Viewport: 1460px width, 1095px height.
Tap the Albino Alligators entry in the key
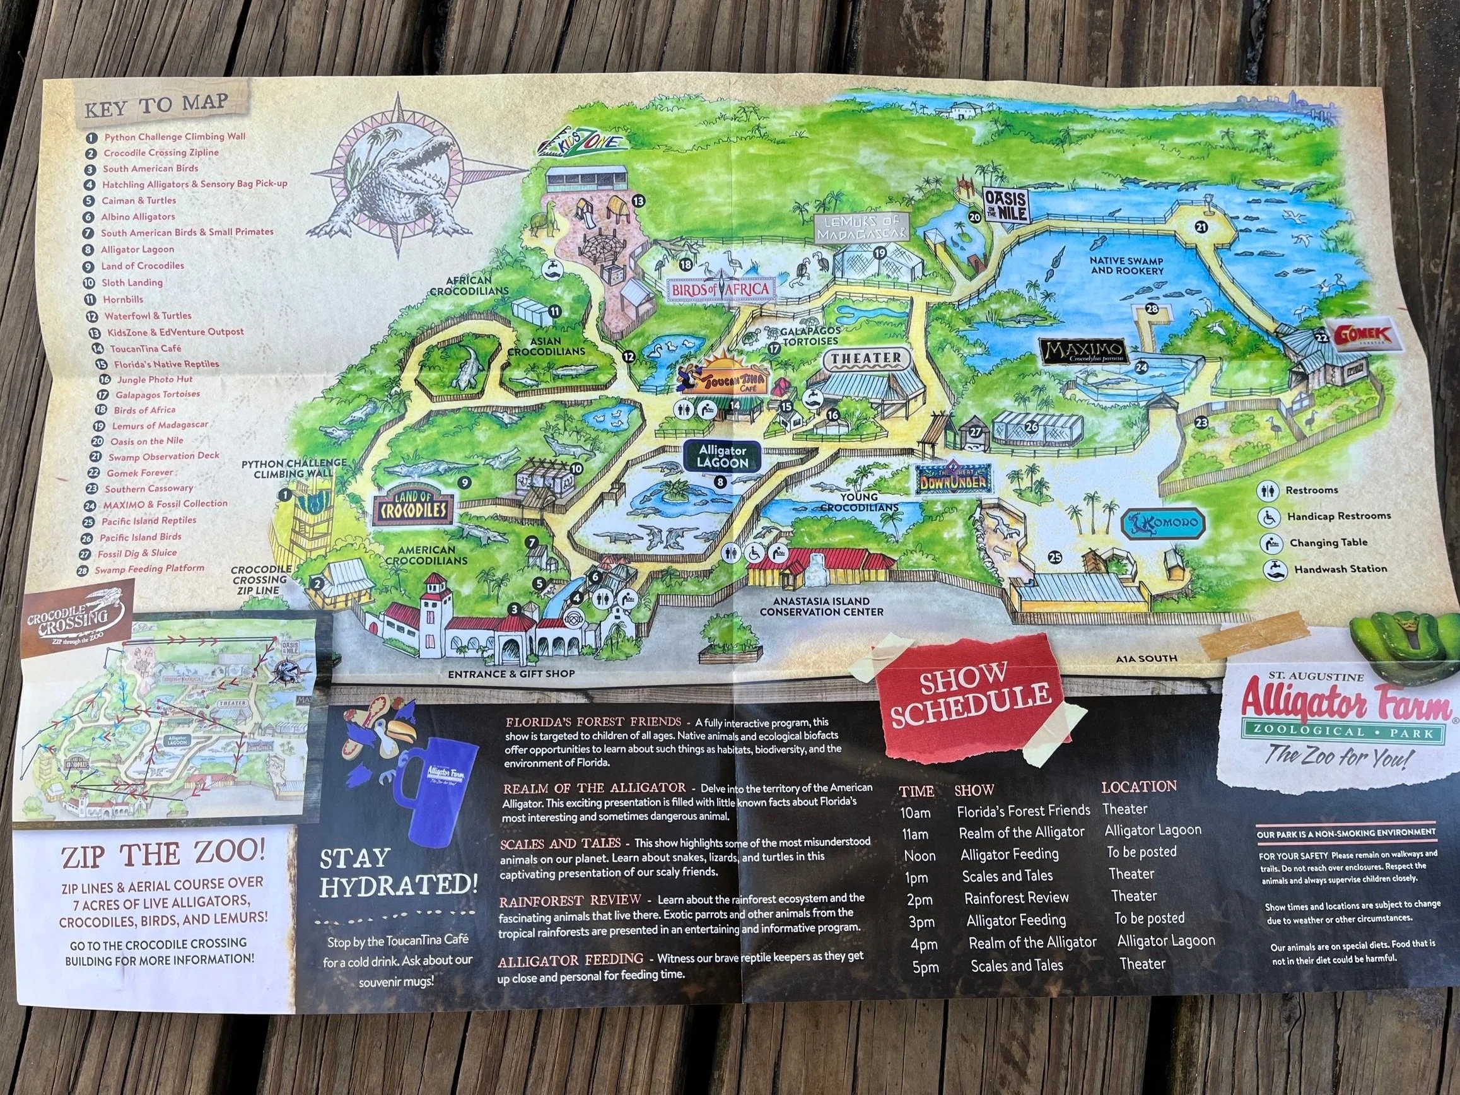pyautogui.click(x=138, y=216)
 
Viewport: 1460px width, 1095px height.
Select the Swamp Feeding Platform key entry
pyautogui.click(x=149, y=568)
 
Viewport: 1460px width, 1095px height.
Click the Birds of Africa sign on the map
pyautogui.click(x=720, y=289)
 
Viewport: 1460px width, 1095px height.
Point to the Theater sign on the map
pyautogui.click(x=867, y=358)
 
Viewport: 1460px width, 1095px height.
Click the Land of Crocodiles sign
pyautogui.click(x=414, y=510)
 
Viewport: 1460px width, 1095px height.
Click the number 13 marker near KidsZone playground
pyautogui.click(x=638, y=201)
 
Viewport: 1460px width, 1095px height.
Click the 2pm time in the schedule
pyautogui.click(x=920, y=899)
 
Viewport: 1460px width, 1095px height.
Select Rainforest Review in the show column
pyautogui.click(x=1016, y=898)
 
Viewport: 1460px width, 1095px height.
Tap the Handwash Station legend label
pyautogui.click(x=1340, y=568)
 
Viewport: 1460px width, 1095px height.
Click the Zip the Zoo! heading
pyautogui.click(x=163, y=855)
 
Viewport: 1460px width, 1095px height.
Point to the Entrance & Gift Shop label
pyautogui.click(x=511, y=674)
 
